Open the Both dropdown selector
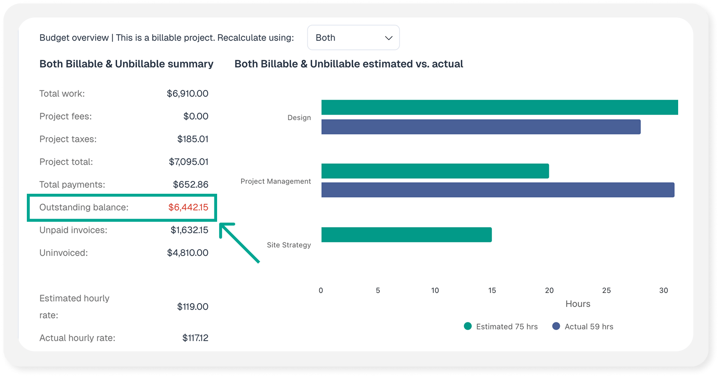pos(353,38)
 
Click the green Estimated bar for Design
pos(500,107)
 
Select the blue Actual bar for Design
pos(481,127)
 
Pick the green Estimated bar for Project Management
pos(435,171)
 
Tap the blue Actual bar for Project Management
pos(498,190)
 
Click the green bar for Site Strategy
pos(407,235)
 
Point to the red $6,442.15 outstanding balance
pos(188,207)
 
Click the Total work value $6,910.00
pos(188,94)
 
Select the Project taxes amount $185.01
pos(193,139)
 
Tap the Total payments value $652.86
pos(191,184)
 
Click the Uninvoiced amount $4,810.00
pos(188,253)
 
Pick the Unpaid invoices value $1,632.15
pos(189,230)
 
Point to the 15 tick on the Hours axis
pos(492,291)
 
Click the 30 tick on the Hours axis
pos(663,291)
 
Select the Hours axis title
pos(578,304)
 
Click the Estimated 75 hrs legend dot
pos(468,326)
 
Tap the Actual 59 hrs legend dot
pos(556,326)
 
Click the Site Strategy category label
pos(289,245)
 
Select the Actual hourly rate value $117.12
pos(195,338)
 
